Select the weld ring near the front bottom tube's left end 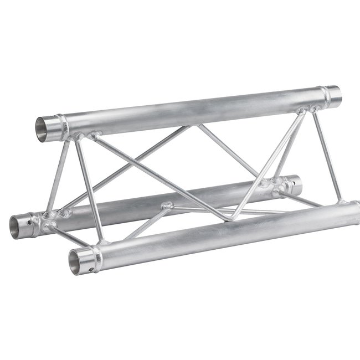tap(97, 255)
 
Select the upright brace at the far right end tap(327, 155)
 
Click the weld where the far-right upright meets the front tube tap(340, 201)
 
